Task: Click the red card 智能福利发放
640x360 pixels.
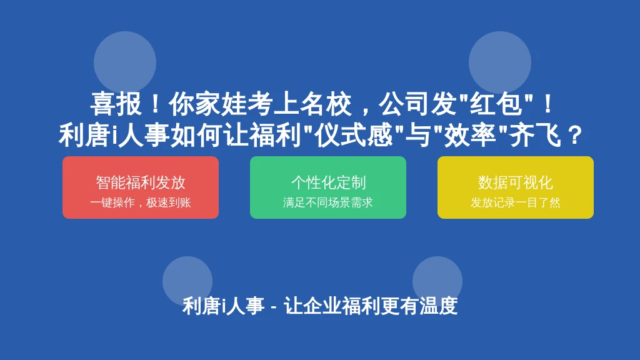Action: (x=141, y=187)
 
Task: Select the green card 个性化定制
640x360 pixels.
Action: (x=327, y=187)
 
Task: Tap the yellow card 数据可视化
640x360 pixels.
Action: (x=516, y=187)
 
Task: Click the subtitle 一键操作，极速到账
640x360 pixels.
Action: (x=141, y=202)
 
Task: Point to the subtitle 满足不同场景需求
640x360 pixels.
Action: (x=327, y=202)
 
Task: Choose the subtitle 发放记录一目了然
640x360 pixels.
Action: (x=516, y=202)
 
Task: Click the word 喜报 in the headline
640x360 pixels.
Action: (x=116, y=104)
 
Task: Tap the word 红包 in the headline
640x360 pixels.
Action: (x=496, y=104)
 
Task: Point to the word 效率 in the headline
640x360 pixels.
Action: (x=469, y=136)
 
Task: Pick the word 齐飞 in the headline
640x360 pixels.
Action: (x=535, y=136)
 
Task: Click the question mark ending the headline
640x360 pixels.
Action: (x=575, y=136)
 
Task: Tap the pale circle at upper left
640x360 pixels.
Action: (x=125, y=62)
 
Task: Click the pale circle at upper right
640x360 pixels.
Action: (x=500, y=62)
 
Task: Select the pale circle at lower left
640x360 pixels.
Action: (x=187, y=281)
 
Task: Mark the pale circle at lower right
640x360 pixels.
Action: (x=437, y=281)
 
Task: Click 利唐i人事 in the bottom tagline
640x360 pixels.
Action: (x=223, y=306)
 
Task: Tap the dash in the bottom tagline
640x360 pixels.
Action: (x=274, y=307)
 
